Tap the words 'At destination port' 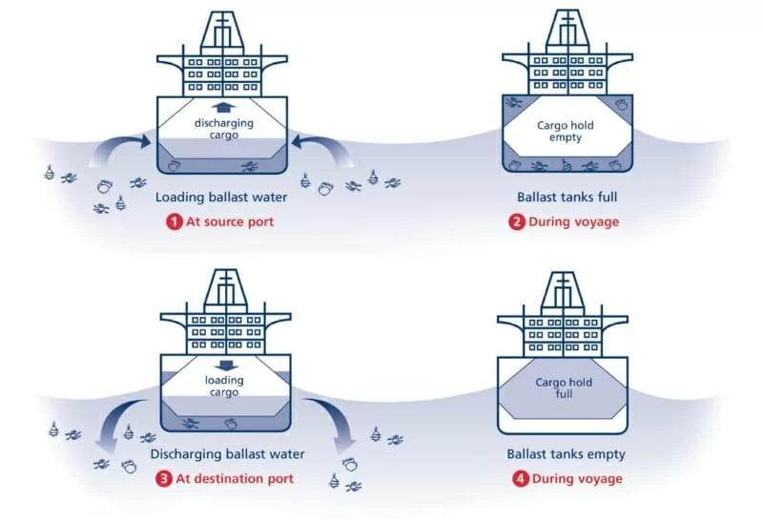pyautogui.click(x=233, y=478)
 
